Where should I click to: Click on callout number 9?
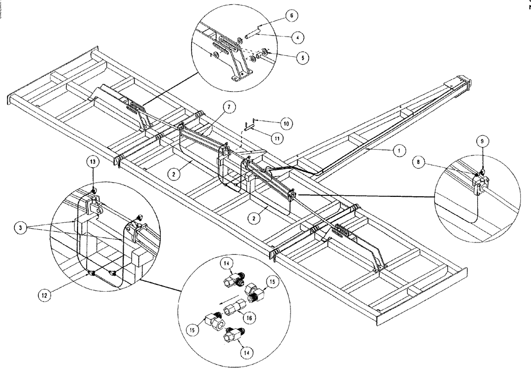pos(483,142)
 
